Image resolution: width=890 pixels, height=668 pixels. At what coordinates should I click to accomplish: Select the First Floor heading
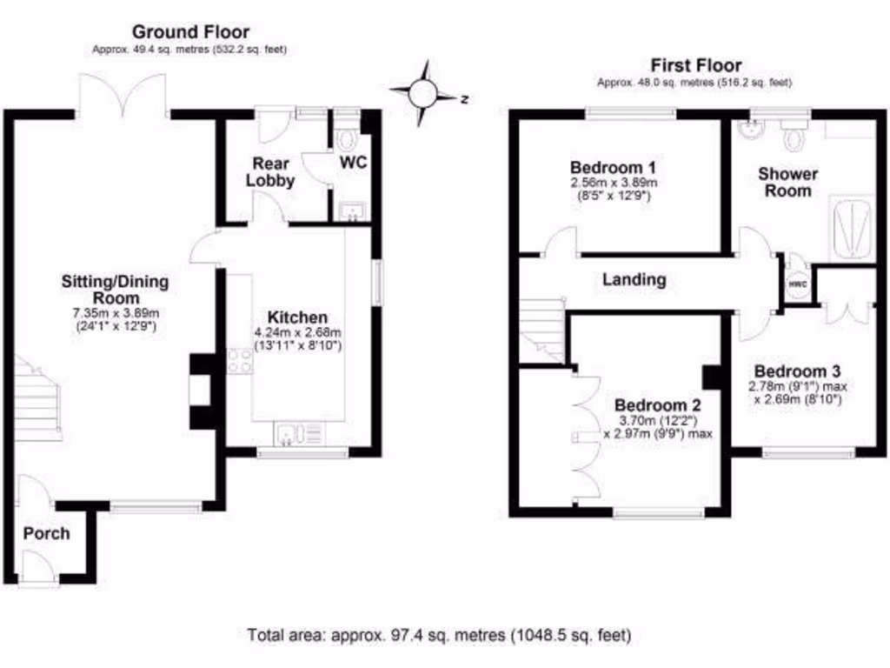click(x=696, y=65)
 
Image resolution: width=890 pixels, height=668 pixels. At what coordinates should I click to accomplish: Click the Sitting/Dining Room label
click(x=115, y=290)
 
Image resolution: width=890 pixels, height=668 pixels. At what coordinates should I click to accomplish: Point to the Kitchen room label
click(x=297, y=317)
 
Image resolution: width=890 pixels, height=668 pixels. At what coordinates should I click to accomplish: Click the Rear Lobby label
click(x=270, y=171)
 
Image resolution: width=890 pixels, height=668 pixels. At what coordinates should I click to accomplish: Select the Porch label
click(x=46, y=533)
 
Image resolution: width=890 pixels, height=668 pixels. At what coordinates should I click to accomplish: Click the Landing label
click(x=634, y=280)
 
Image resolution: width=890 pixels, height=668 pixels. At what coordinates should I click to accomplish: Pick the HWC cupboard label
click(x=798, y=284)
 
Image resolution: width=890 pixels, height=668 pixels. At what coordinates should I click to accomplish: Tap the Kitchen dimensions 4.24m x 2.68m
click(x=297, y=339)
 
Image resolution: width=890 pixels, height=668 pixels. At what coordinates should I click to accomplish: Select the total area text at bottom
click(x=439, y=634)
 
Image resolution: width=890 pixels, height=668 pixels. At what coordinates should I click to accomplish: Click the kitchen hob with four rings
click(x=240, y=360)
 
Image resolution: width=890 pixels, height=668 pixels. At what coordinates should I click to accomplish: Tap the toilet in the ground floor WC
click(x=349, y=139)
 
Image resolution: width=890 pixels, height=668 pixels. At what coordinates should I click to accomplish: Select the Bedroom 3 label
click(x=790, y=368)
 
